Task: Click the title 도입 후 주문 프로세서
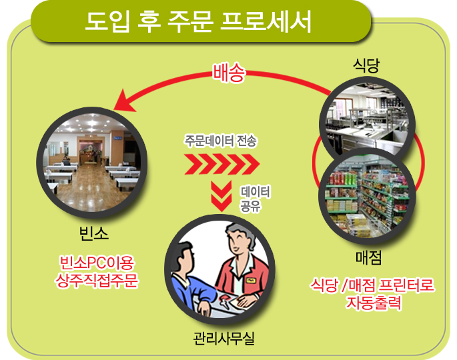click(x=198, y=21)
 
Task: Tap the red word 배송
click(x=229, y=72)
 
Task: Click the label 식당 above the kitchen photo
click(x=366, y=65)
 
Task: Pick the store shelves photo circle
click(x=367, y=197)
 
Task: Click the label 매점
click(x=368, y=257)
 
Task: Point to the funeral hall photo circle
click(x=92, y=163)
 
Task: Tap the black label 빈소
click(x=94, y=233)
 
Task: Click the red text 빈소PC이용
click(x=97, y=263)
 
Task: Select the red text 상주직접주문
click(x=97, y=281)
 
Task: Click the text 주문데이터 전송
click(x=220, y=141)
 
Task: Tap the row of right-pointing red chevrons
click(x=221, y=164)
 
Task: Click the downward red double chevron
click(x=221, y=196)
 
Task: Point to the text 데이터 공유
click(x=255, y=199)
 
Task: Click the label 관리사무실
click(x=224, y=339)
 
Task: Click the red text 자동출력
click(x=374, y=303)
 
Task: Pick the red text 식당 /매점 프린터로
click(x=372, y=285)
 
